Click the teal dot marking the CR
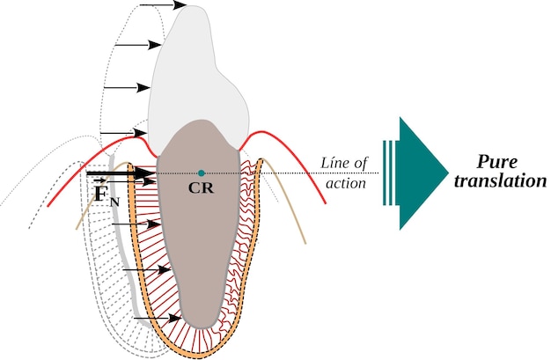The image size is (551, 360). (x=202, y=173)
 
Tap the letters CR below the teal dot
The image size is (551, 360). (x=202, y=187)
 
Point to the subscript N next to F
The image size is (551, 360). (x=115, y=202)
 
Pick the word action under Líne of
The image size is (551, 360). (x=342, y=182)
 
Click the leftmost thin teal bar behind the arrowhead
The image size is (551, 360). (x=385, y=173)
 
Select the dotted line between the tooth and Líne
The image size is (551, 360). (x=290, y=173)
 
